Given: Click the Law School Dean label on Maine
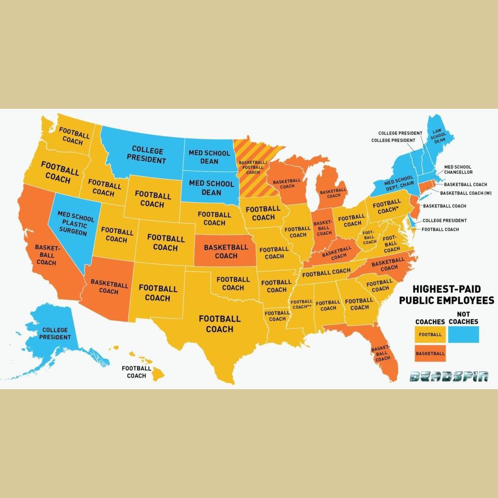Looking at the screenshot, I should (x=438, y=136).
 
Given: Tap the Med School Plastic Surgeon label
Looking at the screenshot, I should (x=76, y=224).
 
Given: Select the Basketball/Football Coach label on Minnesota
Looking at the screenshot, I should (x=253, y=167).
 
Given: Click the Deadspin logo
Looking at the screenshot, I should (x=449, y=377).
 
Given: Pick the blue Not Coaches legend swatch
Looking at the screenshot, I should (x=463, y=334).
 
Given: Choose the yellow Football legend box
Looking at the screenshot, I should (x=430, y=334).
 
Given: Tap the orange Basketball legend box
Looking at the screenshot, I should (x=430, y=354).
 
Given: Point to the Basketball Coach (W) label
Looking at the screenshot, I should (x=466, y=193).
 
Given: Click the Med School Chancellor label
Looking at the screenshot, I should (x=458, y=170).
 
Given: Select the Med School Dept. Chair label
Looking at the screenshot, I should (x=399, y=182).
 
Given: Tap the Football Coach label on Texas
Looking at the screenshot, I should (x=219, y=324).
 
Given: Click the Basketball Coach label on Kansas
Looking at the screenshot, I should (x=226, y=251).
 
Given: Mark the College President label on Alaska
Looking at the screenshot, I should (x=55, y=333).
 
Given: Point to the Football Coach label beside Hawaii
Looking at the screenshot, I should (x=136, y=372).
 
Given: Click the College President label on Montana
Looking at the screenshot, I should (x=147, y=155).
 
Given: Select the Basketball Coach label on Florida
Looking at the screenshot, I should (x=381, y=353).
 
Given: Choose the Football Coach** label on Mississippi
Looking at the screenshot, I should (x=302, y=304).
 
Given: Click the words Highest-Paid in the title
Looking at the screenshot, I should (x=446, y=290).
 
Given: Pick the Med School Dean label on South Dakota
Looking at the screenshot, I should (x=212, y=188).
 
